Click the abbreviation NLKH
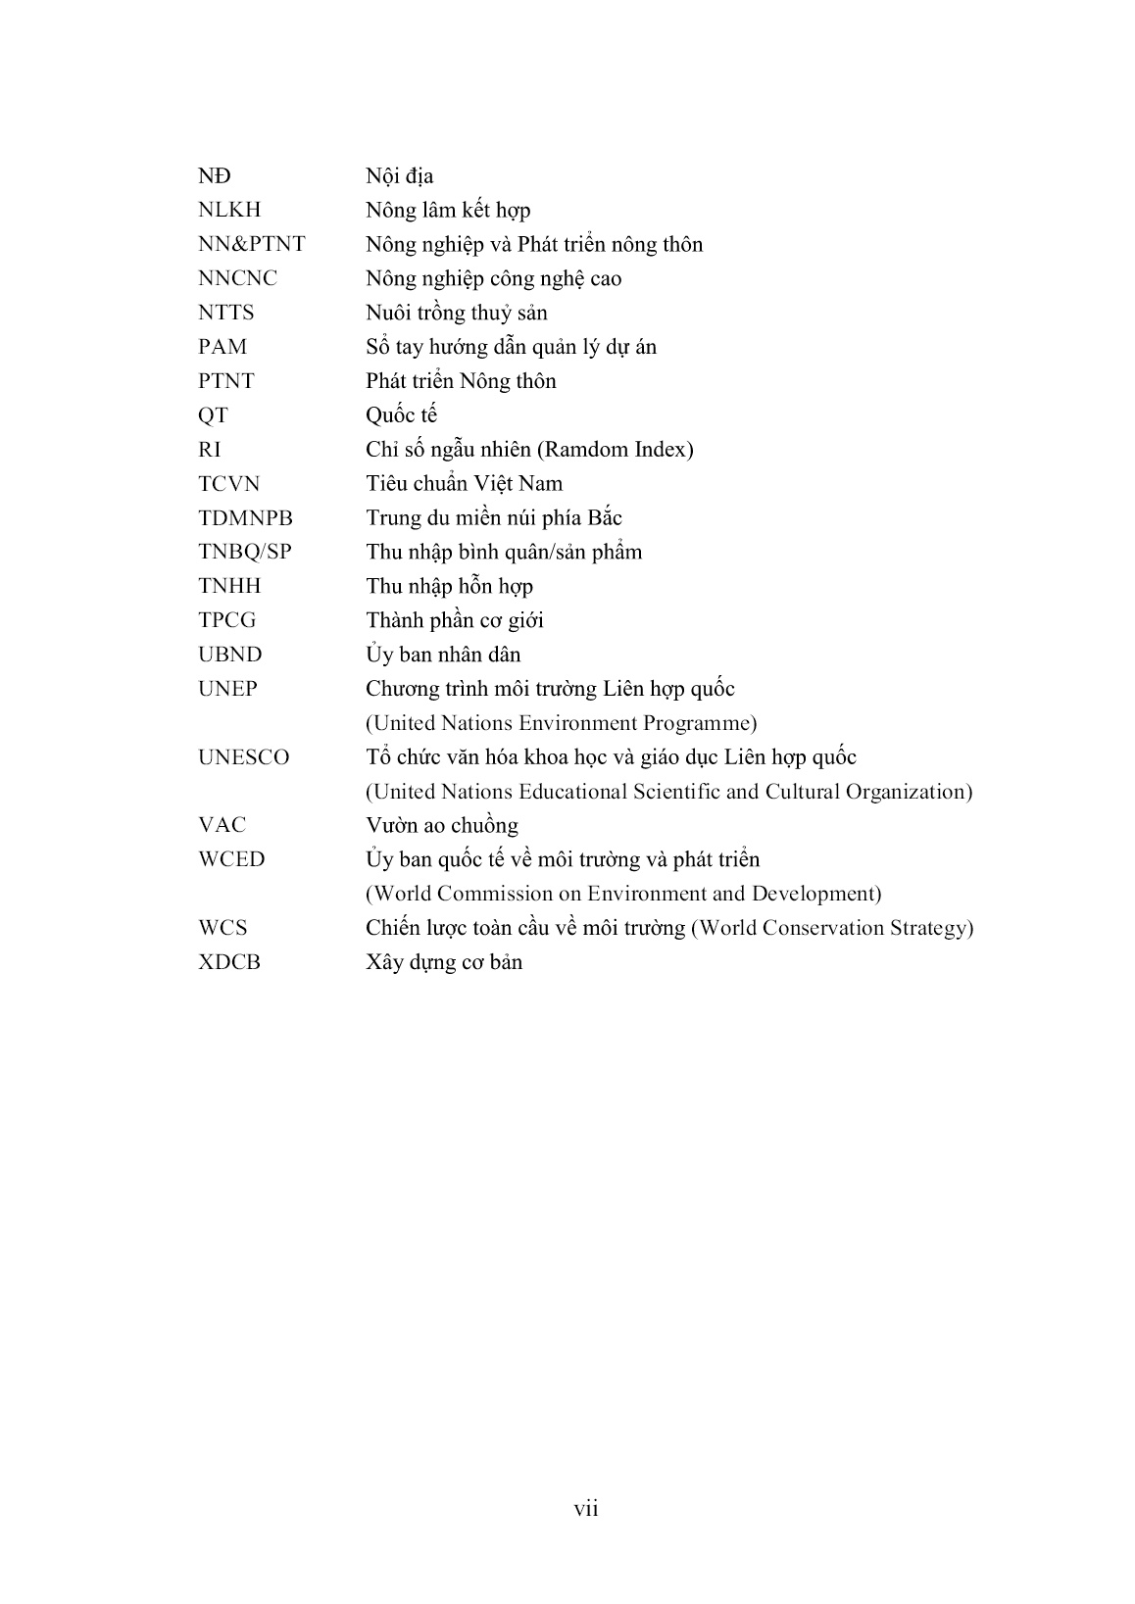point(229,211)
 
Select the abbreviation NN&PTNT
point(251,245)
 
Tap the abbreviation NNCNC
point(237,279)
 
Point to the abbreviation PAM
point(222,347)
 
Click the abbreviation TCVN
point(229,484)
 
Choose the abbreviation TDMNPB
point(245,518)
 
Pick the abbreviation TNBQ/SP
point(245,553)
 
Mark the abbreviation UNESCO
point(243,757)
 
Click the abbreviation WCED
point(231,860)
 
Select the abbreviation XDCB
point(229,962)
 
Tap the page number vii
point(586,1509)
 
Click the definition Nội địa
point(399,177)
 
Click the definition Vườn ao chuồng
point(442,826)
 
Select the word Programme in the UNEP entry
point(698,724)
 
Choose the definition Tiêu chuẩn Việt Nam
point(465,484)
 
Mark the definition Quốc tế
point(401,415)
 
